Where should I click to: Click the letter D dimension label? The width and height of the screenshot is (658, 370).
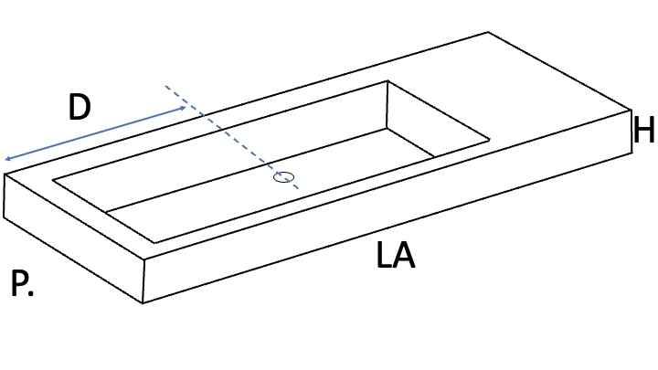(x=80, y=107)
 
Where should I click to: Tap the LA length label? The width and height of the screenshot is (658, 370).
(x=396, y=255)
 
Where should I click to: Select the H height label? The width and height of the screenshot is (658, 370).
(x=643, y=130)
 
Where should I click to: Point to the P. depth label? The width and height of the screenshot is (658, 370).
(x=21, y=283)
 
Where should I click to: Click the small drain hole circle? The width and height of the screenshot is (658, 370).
(x=283, y=177)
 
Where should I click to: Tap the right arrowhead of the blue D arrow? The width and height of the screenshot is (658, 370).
(x=183, y=108)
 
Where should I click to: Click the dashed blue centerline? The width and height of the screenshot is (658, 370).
(x=231, y=137)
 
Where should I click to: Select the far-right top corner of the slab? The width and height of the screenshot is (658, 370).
(x=631, y=110)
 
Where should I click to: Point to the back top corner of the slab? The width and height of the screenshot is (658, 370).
(x=488, y=32)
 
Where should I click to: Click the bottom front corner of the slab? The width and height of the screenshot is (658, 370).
(x=143, y=302)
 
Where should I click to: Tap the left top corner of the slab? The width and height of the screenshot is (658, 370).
(x=5, y=174)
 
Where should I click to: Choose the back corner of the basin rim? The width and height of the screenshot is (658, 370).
(x=387, y=80)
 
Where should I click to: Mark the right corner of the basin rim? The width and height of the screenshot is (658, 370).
(x=489, y=140)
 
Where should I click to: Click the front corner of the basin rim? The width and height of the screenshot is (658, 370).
(x=154, y=242)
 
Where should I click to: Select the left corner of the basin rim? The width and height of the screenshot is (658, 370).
(x=53, y=180)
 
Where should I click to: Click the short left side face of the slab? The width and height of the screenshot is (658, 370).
(x=74, y=238)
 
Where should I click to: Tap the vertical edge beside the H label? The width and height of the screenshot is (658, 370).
(x=631, y=132)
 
